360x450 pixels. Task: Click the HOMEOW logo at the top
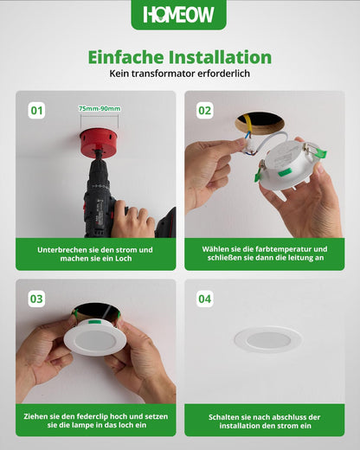pyautogui.click(x=179, y=15)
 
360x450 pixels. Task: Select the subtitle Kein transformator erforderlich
pyautogui.click(x=179, y=74)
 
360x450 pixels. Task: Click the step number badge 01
pyautogui.click(x=36, y=110)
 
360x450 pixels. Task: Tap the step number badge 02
pyautogui.click(x=204, y=110)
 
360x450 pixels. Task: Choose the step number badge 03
pyautogui.click(x=36, y=299)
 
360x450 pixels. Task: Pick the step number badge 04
pyautogui.click(x=204, y=299)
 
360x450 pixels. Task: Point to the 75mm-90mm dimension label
pyautogui.click(x=100, y=108)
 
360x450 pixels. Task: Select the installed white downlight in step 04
pyautogui.click(x=267, y=339)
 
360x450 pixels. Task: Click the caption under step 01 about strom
pyautogui.click(x=95, y=254)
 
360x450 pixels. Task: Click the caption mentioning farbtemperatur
pyautogui.click(x=264, y=254)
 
